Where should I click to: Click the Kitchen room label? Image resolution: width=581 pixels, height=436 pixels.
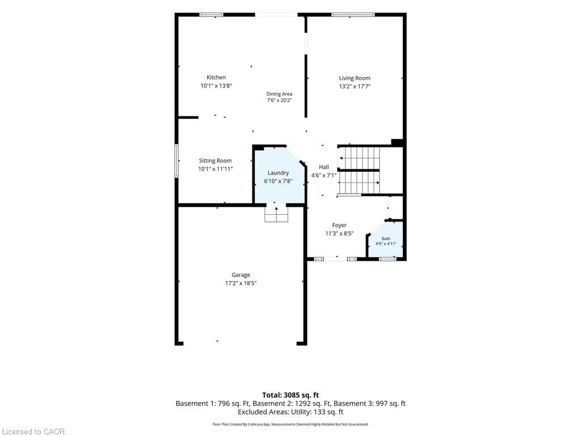point(216,77)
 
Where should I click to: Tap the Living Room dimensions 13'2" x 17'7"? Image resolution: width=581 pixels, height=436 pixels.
point(355,86)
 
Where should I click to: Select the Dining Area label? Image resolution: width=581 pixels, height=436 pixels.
point(279,94)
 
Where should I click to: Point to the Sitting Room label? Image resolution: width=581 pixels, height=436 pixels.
point(215,161)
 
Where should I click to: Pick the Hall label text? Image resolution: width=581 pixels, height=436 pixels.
point(324,167)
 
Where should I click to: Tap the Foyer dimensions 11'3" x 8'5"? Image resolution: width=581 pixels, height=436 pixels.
point(339,233)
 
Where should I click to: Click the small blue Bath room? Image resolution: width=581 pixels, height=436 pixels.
point(386,240)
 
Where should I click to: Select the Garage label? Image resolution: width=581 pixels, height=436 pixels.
point(241,275)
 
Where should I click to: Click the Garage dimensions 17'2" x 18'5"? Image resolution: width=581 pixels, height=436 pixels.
point(241,283)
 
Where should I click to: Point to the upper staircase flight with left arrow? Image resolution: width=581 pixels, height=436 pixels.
point(359,158)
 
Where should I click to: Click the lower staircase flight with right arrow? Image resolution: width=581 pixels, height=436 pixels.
point(359,182)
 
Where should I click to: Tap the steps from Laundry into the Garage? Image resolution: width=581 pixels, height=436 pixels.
point(276,214)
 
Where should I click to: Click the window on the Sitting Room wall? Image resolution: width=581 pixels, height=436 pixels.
point(177,161)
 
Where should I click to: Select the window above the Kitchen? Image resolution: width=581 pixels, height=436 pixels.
point(211,15)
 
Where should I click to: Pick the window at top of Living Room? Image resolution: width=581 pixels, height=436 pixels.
point(353,15)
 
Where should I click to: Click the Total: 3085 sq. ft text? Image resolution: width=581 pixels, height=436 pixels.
point(290,395)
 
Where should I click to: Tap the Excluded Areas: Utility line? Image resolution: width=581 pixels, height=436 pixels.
point(290,412)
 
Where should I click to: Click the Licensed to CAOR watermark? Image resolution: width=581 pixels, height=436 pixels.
point(33,431)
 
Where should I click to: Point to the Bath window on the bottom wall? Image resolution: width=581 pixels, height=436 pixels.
point(387,259)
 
